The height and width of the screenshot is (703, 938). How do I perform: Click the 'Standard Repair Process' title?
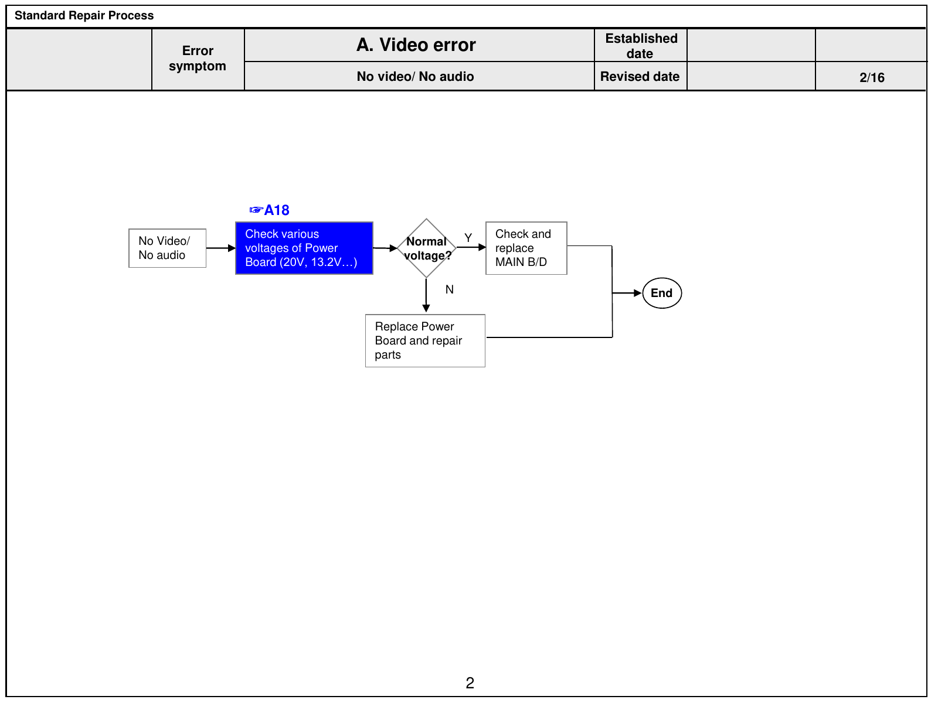(84, 15)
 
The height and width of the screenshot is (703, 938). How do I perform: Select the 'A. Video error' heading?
(416, 45)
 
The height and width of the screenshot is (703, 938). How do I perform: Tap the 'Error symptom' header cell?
(198, 59)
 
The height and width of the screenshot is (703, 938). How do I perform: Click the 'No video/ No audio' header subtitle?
(416, 76)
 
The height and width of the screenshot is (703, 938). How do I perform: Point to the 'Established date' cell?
(641, 46)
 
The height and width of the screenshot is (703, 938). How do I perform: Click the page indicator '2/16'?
(872, 78)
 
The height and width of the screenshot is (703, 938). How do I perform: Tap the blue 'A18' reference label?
(269, 210)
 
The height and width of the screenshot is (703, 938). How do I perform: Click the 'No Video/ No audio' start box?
(168, 248)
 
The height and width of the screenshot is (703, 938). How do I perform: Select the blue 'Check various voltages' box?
(304, 248)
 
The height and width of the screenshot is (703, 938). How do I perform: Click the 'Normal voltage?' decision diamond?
(426, 248)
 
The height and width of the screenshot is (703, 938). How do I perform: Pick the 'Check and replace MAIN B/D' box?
(526, 248)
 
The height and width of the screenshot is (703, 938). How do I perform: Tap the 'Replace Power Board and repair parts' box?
(425, 340)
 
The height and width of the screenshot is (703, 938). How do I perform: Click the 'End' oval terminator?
(662, 294)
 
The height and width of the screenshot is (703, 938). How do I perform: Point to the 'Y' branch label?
(468, 238)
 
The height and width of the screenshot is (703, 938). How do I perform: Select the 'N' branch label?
(450, 289)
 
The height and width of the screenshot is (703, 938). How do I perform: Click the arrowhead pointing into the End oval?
(638, 294)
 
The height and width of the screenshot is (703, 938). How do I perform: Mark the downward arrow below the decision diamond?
(426, 295)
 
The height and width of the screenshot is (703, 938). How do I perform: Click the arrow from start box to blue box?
(221, 248)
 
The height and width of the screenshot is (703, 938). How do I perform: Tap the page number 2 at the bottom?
(470, 683)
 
